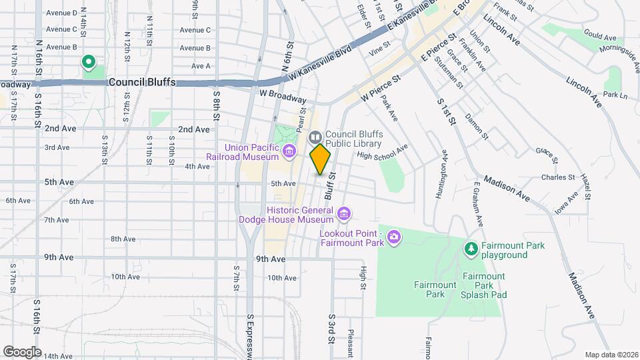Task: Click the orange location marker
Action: (x=321, y=159)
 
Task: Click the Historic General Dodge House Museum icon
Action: (x=344, y=214)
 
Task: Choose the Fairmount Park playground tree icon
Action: (x=471, y=249)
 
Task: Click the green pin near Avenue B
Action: (x=88, y=63)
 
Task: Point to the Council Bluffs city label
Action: (x=141, y=82)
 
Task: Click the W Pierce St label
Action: (x=381, y=88)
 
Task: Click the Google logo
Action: (x=22, y=351)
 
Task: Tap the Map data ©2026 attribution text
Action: (x=611, y=355)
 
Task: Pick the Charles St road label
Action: (x=558, y=177)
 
